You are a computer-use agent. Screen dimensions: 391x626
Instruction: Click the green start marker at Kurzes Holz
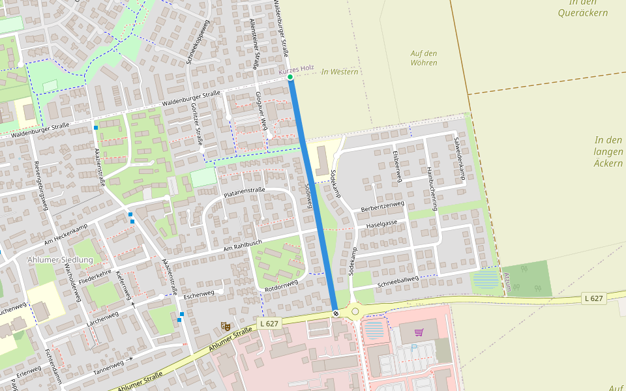[290, 78]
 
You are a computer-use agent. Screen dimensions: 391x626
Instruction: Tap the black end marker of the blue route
[336, 313]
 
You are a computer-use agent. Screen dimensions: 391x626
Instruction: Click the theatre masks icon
[226, 325]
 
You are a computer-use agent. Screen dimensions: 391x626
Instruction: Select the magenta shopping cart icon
[419, 332]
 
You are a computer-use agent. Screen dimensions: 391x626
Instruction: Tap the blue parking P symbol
[413, 347]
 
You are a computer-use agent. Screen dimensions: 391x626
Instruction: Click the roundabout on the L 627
[355, 311]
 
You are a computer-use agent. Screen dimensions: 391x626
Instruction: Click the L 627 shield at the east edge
[594, 298]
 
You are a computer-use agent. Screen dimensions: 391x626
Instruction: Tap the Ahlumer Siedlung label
[60, 259]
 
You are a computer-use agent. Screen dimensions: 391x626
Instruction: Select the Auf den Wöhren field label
[424, 58]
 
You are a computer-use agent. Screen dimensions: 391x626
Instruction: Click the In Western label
[340, 72]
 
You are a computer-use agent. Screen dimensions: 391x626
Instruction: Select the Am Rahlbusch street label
[242, 246]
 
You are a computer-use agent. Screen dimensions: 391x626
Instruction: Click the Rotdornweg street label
[281, 285]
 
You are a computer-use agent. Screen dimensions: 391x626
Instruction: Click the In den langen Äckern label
[608, 151]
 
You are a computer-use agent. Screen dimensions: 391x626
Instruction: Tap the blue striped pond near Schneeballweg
[484, 280]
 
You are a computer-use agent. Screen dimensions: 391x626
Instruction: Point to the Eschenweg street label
[199, 294]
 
